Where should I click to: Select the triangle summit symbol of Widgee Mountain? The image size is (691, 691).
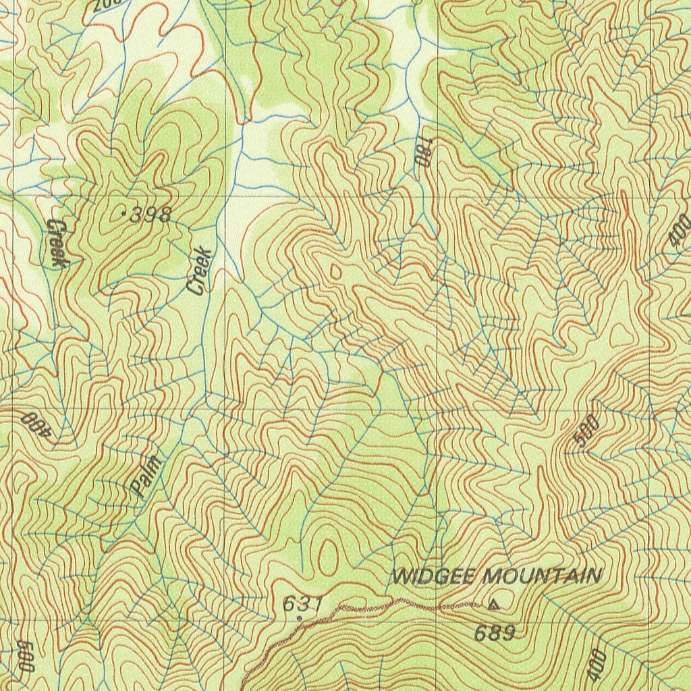pos(494,605)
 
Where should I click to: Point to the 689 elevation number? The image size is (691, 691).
pos(494,634)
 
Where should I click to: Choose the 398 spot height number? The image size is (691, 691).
pos(150,215)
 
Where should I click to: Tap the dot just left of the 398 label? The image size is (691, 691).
pos(123,215)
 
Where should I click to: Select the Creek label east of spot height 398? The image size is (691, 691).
pos(200,271)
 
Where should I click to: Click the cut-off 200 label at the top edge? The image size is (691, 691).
pos(107,5)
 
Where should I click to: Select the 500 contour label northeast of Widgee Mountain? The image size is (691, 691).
pos(586,432)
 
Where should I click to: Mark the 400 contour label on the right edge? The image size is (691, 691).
pos(680,229)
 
